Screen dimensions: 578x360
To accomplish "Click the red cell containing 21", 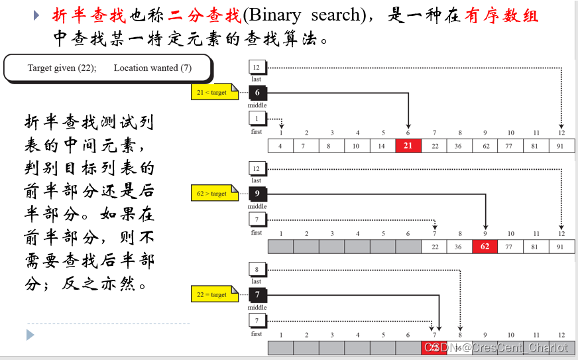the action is [x=408, y=146].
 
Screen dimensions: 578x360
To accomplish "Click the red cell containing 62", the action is [x=485, y=247].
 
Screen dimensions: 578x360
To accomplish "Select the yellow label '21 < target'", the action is [x=211, y=93].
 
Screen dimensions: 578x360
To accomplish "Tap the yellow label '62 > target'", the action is [x=211, y=194].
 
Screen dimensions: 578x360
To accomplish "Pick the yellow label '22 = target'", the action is [x=211, y=294].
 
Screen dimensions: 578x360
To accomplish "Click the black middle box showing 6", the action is [x=257, y=93].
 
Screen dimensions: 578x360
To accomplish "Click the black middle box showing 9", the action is [x=257, y=194].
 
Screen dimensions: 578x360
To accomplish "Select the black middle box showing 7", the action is [x=257, y=294].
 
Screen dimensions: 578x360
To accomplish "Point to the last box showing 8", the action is [x=257, y=269].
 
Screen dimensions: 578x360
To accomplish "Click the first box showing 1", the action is [x=257, y=119].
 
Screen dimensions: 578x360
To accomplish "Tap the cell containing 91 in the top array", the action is [x=561, y=146].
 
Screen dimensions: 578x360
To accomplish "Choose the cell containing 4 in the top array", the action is [x=280, y=146].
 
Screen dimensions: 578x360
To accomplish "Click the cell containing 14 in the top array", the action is [x=383, y=146].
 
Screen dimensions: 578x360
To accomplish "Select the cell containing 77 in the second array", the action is [x=510, y=247].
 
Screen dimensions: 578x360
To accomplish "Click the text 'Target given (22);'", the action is [x=62, y=68].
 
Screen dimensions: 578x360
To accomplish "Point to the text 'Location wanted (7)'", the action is [x=152, y=68].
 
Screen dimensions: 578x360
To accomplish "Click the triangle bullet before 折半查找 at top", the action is [x=37, y=15].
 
